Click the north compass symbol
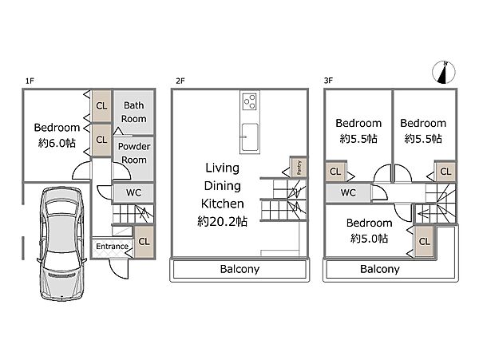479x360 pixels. tap(444, 73)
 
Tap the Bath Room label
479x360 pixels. tap(134, 112)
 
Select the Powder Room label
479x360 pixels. tap(134, 153)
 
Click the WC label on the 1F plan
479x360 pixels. tap(134, 192)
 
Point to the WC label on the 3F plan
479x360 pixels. tap(348, 192)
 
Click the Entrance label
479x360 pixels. tap(112, 247)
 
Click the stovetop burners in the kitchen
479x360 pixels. tap(250, 101)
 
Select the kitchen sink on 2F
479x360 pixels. tap(250, 137)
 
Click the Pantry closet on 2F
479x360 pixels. tap(299, 168)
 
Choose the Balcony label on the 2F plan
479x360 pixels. tap(239, 269)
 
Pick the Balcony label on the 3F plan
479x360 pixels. tap(380, 269)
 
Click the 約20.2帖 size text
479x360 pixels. tap(223, 221)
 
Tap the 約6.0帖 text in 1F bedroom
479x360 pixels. tap(57, 143)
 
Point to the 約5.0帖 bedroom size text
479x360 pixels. tap(370, 238)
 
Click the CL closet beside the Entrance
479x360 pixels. tap(144, 242)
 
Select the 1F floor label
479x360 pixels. tap(30, 81)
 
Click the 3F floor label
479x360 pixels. tap(328, 81)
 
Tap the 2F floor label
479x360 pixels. tap(180, 81)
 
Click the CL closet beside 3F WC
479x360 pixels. tap(335, 172)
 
